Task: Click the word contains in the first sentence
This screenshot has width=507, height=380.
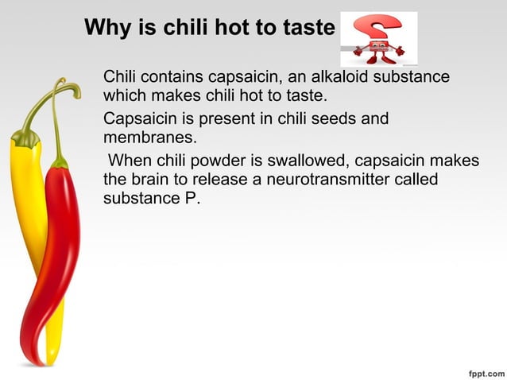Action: [172, 78]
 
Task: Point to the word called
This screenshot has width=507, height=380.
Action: [417, 180]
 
